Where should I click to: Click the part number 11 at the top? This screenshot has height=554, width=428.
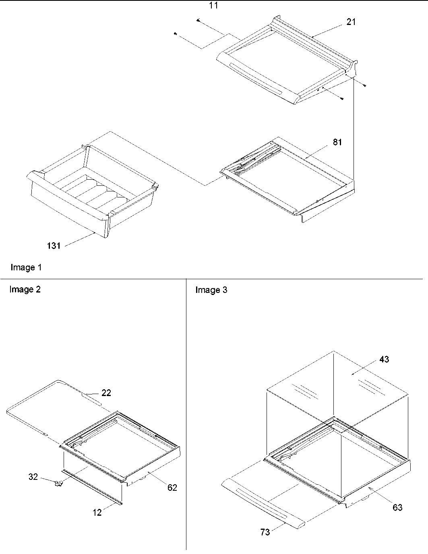click(214, 6)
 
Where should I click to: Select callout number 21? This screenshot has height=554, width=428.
click(351, 22)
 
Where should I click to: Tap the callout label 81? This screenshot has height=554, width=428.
click(337, 142)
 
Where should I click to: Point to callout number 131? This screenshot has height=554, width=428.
click(54, 245)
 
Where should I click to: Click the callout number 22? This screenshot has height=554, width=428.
click(106, 392)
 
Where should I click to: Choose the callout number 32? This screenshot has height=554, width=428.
click(33, 477)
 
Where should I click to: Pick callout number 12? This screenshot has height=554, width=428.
click(97, 512)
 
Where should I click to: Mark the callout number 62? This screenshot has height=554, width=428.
click(172, 488)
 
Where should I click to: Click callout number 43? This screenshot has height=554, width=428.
click(384, 359)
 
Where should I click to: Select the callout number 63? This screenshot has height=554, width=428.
click(397, 507)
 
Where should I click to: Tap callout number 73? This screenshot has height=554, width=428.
click(265, 532)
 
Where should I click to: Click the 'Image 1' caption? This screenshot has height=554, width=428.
click(26, 267)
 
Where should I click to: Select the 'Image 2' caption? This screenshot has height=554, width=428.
click(25, 289)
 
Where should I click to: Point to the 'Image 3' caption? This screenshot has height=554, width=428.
click(211, 290)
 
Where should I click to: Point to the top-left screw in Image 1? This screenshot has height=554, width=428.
click(198, 20)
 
